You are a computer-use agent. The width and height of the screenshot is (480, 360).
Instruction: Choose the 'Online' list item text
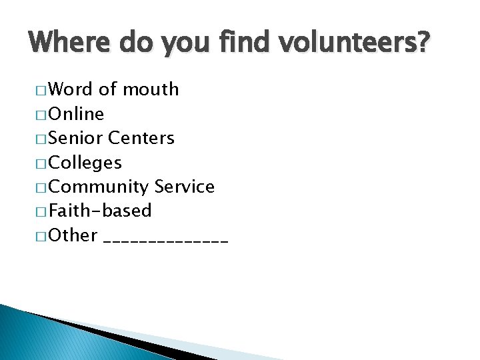pyautogui.click(x=77, y=114)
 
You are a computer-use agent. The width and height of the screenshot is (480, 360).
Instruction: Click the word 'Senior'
pyautogui.click(x=76, y=138)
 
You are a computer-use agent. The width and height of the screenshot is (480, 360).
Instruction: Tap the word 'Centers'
pyautogui.click(x=141, y=138)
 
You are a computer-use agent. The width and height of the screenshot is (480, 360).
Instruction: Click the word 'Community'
pyautogui.click(x=99, y=187)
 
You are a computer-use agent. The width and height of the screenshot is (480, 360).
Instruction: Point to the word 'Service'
pyautogui.click(x=185, y=187)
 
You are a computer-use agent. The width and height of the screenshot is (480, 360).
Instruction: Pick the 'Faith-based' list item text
pyautogui.click(x=101, y=211)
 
